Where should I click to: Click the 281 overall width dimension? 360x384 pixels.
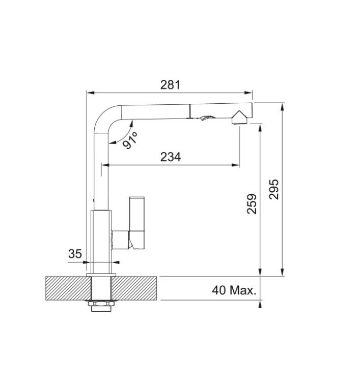(x=170, y=85)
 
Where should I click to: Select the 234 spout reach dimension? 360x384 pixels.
(x=171, y=157)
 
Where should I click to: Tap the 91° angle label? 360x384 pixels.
(x=130, y=140)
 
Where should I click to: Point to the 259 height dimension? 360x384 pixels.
(x=252, y=204)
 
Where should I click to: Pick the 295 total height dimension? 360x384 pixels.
(x=274, y=189)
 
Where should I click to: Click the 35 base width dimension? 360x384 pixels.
(x=75, y=254)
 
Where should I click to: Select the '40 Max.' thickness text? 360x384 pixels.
(x=234, y=290)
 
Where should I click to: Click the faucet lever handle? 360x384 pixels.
(x=137, y=223)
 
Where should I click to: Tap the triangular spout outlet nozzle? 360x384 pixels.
(x=239, y=117)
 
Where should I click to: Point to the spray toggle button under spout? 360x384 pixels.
(x=208, y=118)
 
